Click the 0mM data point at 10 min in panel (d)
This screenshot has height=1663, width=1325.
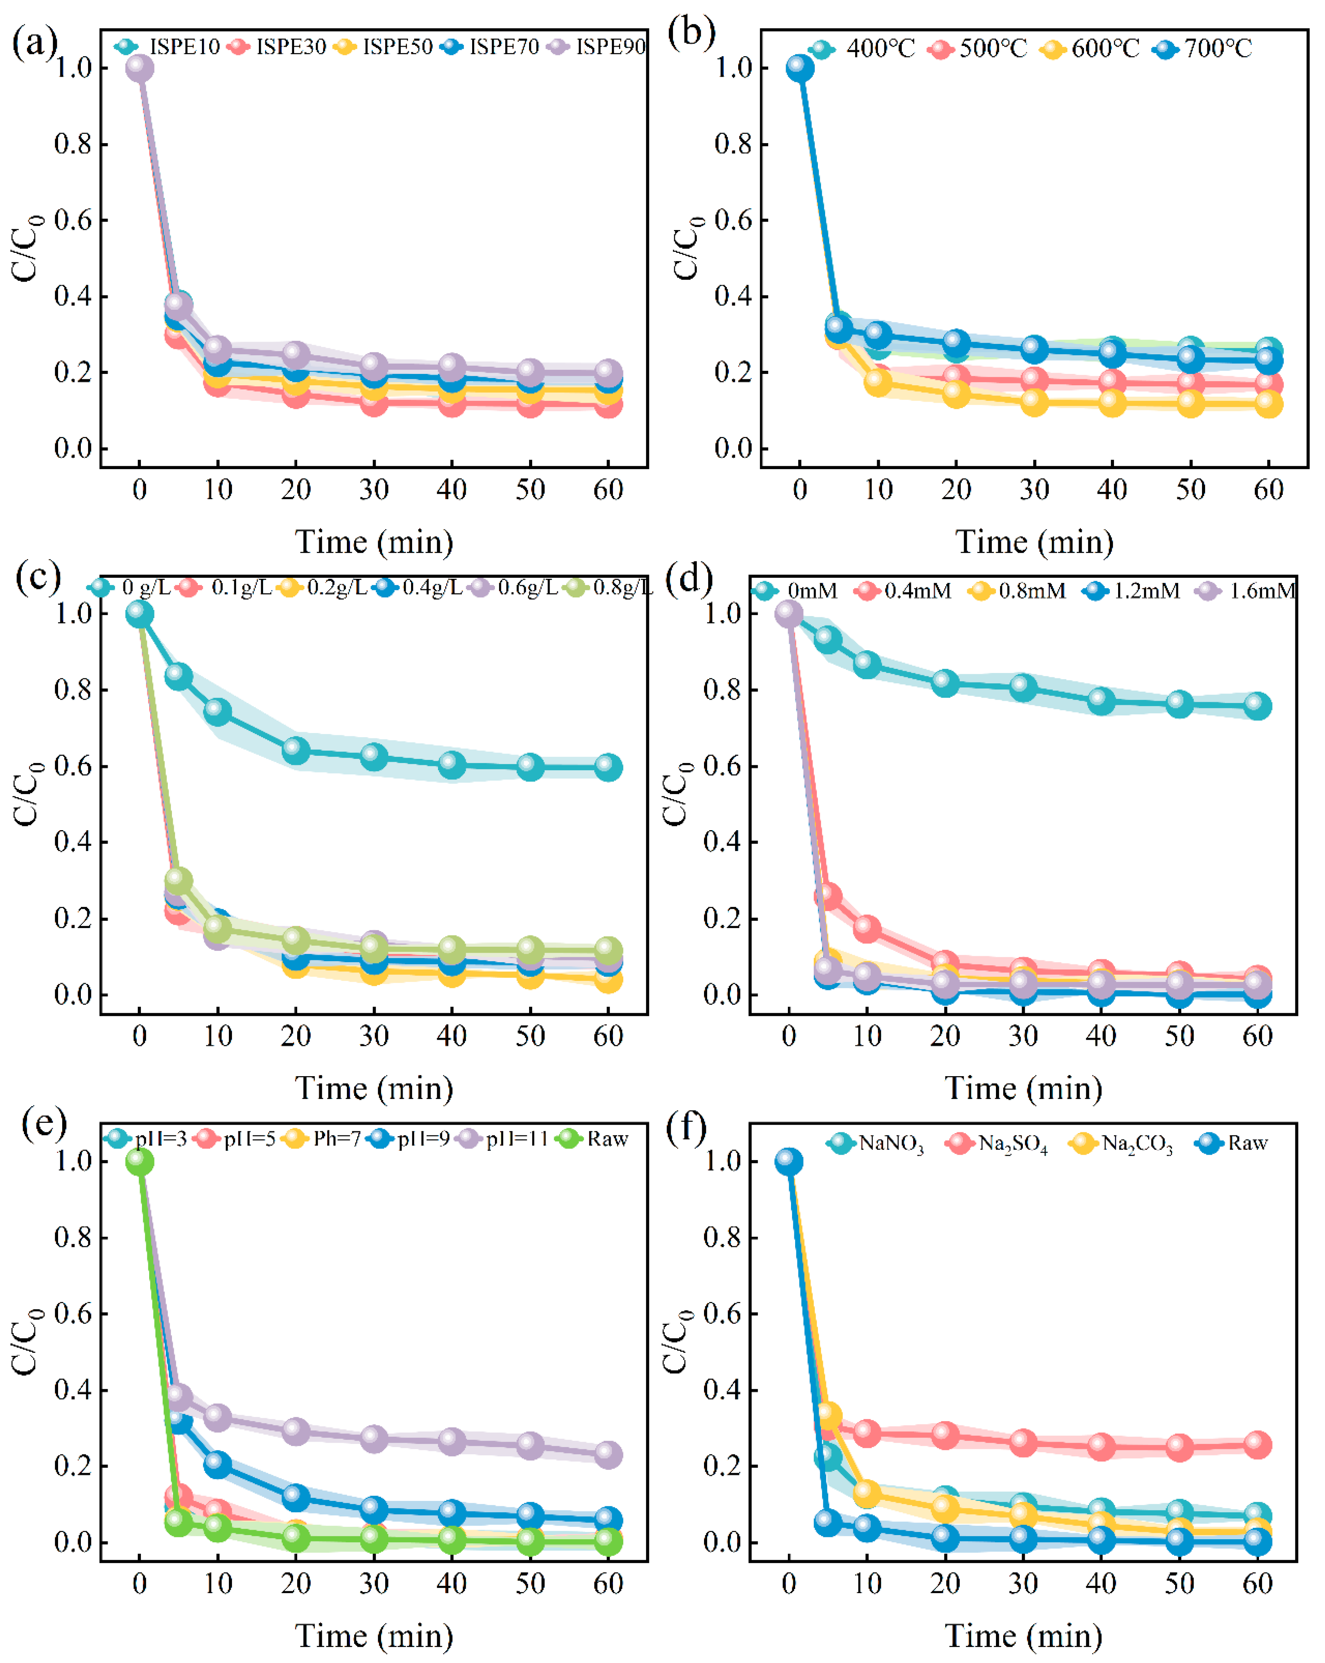click(867, 664)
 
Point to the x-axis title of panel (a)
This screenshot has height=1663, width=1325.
click(374, 542)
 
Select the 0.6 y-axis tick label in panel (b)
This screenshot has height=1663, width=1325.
click(733, 221)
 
